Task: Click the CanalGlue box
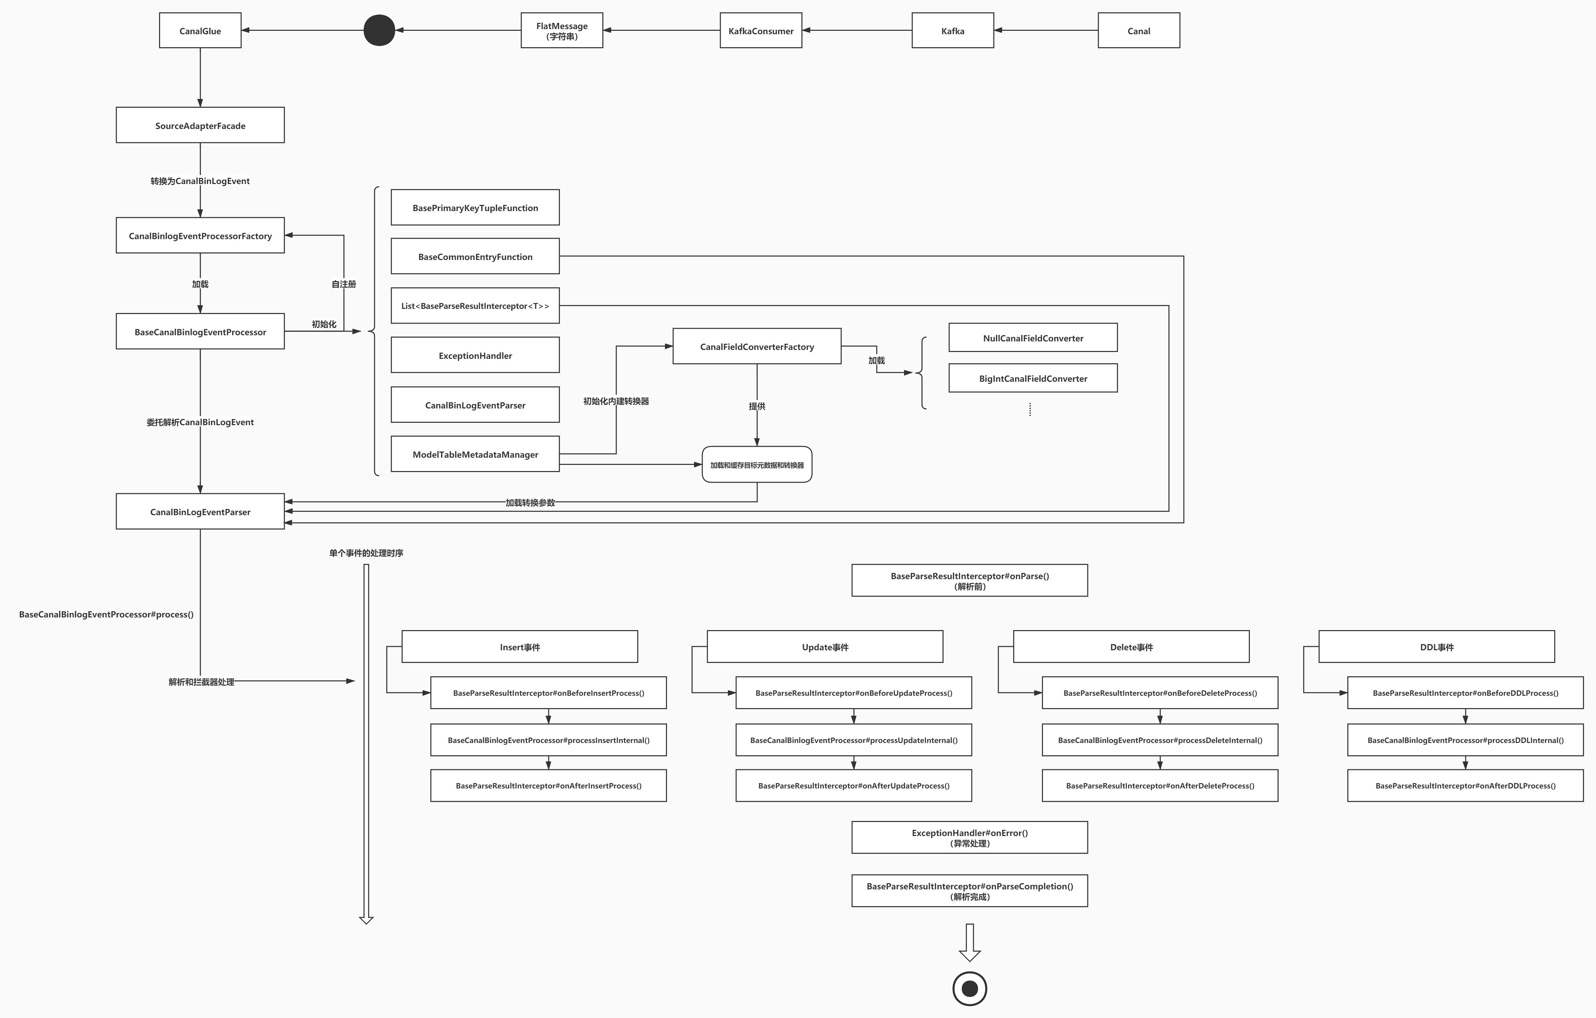200,30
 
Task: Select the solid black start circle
379,30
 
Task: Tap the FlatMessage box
561,30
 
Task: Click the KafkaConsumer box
761,30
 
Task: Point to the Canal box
1139,30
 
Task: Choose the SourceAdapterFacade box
200,125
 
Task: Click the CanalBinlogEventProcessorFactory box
200,235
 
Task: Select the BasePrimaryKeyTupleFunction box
475,207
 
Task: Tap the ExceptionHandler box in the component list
475,355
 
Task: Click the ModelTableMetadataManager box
475,454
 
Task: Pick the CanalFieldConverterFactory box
757,346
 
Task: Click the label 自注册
344,284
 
